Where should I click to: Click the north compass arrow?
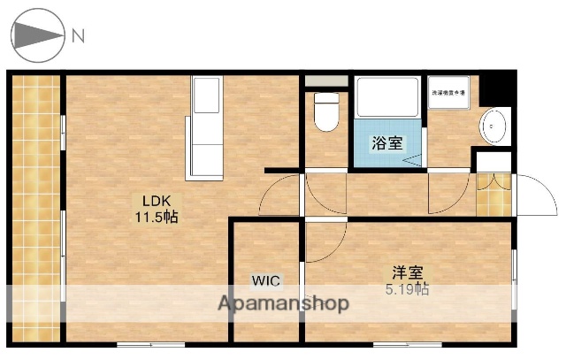39,36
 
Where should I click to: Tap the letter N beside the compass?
78,36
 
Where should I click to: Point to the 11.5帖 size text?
156,217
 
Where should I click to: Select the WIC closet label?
265,281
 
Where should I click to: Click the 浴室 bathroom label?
387,142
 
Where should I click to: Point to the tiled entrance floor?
493,194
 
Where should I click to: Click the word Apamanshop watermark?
283,304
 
